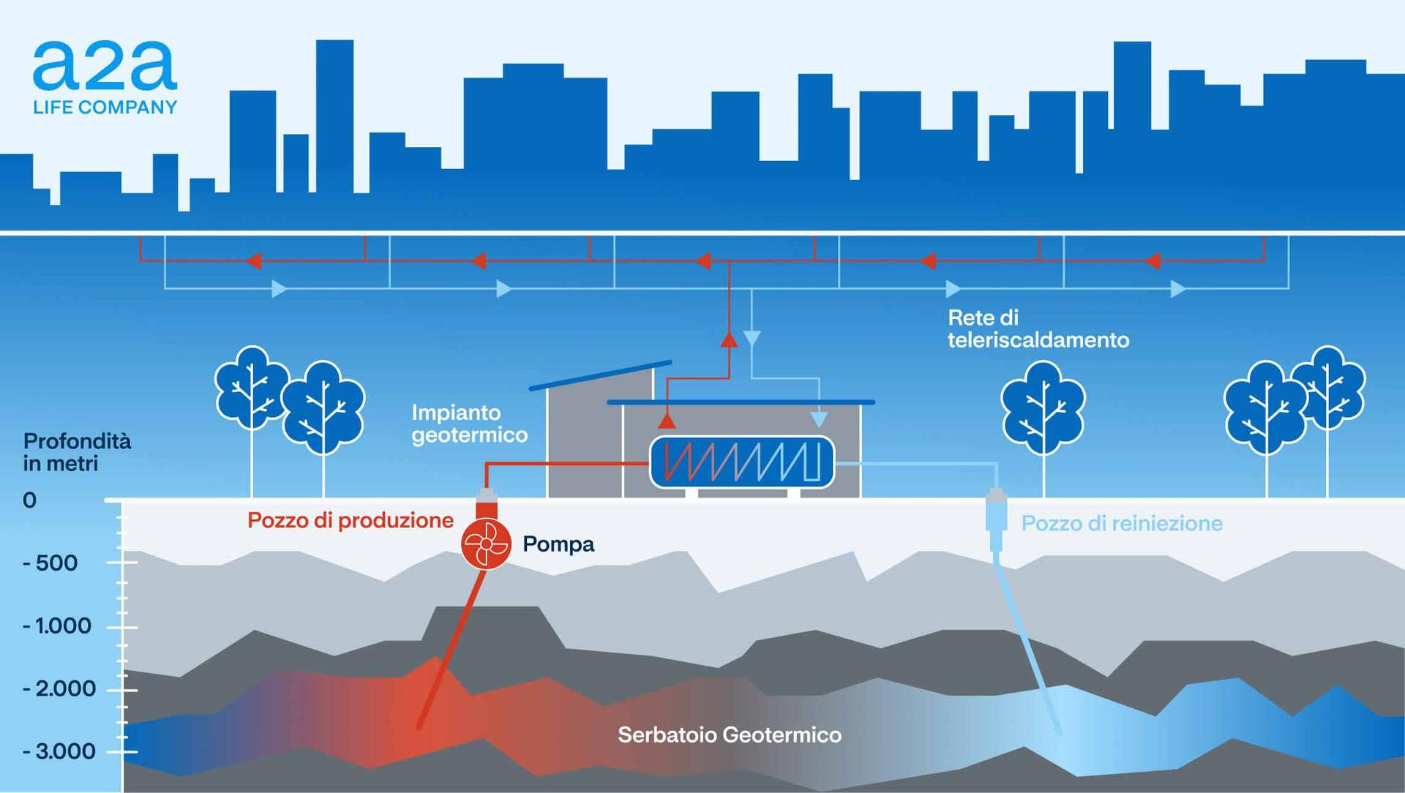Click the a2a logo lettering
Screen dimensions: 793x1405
(105, 66)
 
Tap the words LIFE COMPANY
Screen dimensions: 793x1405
(105, 108)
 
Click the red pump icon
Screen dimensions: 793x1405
(485, 544)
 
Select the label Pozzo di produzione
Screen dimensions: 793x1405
(350, 520)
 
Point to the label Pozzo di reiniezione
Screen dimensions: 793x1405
(1121, 523)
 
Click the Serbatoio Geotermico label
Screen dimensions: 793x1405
(729, 734)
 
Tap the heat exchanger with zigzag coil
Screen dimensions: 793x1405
(742, 462)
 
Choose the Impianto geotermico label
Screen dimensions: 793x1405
(469, 424)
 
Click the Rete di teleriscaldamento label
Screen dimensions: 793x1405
(1038, 328)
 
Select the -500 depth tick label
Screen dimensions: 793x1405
(51, 563)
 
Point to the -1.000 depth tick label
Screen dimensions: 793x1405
(58, 626)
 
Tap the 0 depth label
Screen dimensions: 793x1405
(29, 500)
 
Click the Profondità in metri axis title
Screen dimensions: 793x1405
(76, 452)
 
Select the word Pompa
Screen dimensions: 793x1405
(558, 544)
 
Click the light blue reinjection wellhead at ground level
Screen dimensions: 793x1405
(995, 512)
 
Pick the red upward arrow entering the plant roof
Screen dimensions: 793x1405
(667, 421)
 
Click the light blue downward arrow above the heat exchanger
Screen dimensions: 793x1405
(819, 419)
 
